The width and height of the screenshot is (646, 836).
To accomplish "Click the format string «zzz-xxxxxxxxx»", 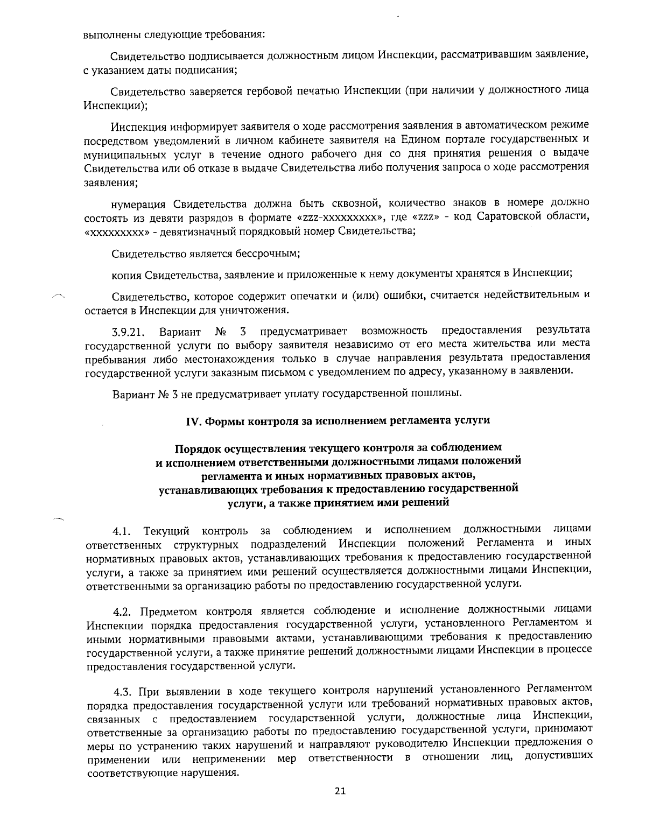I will (x=340, y=218).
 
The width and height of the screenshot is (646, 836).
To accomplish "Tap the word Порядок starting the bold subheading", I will (x=199, y=448).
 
